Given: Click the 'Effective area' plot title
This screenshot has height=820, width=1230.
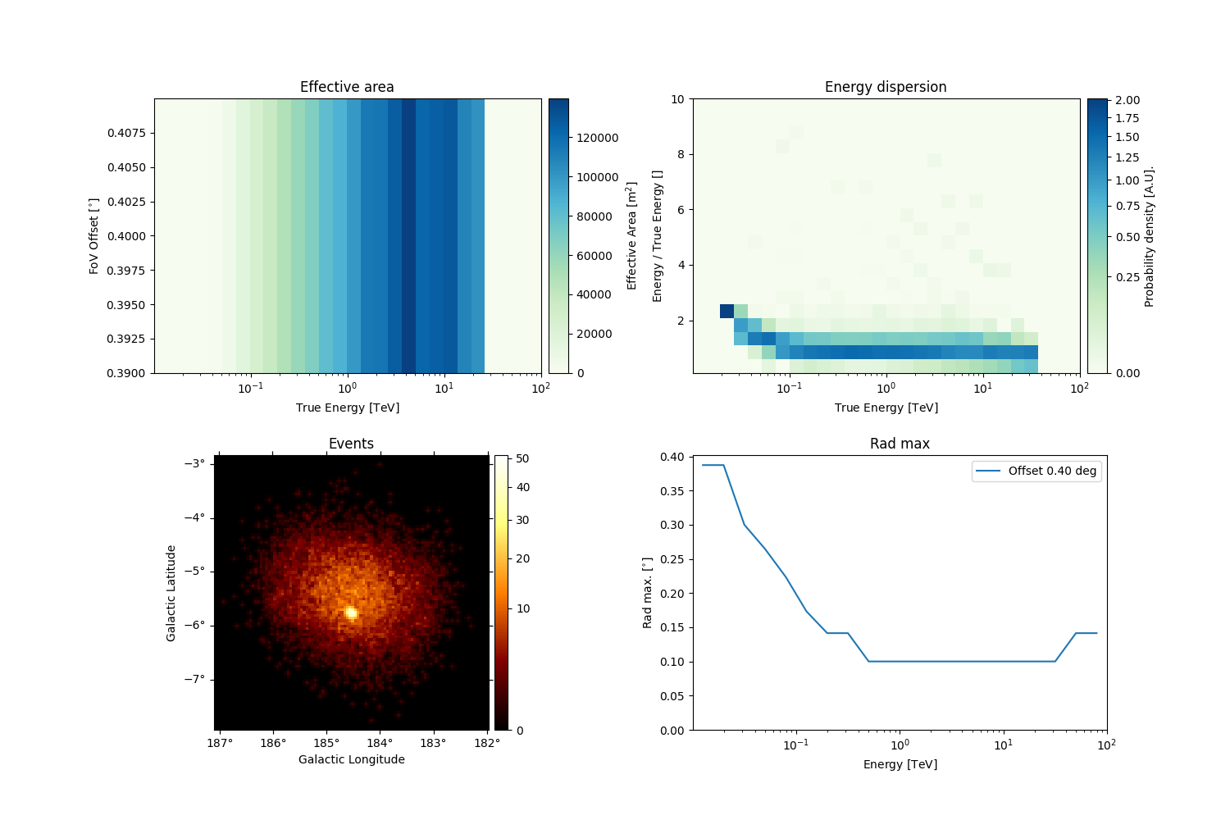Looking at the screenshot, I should pos(347,87).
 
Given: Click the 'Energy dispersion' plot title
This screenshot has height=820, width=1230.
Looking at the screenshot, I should pos(886,87).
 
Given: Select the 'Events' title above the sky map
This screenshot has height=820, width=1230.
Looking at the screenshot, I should pos(351,444).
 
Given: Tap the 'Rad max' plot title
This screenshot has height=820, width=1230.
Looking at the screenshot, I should pos(900,444).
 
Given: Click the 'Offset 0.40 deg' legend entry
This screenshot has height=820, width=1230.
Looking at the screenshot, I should pos(1052,471).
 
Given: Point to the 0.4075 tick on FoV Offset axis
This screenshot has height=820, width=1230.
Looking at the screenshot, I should pos(127,133).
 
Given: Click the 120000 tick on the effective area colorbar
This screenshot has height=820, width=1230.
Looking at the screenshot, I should pos(597,138).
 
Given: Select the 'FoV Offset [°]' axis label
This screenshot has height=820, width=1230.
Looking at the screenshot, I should pos(94,235).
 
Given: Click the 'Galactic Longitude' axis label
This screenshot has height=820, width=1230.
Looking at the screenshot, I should pos(351,759).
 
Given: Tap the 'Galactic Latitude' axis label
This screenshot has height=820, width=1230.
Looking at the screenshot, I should pos(171,593).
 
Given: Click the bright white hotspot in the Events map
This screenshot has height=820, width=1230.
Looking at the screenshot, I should pos(351,613).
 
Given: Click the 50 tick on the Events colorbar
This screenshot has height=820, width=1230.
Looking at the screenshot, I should pos(522,459).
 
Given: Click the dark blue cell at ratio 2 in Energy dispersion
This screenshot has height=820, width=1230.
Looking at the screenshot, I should pos(727,311).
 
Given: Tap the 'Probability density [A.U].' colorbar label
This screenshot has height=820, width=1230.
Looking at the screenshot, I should pos(1150,236).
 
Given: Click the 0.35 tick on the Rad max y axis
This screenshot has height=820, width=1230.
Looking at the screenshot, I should pos(672,491).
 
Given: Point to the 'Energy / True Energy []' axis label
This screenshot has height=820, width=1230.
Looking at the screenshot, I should pos(657,236).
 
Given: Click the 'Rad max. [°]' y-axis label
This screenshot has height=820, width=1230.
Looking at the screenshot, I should pos(647,593).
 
